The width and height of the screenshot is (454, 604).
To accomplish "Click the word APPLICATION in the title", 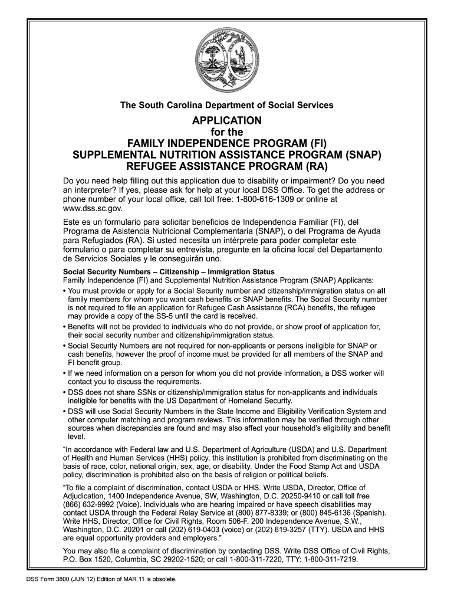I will click(227, 120).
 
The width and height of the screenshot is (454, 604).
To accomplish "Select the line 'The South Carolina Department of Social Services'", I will click(227, 105).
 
